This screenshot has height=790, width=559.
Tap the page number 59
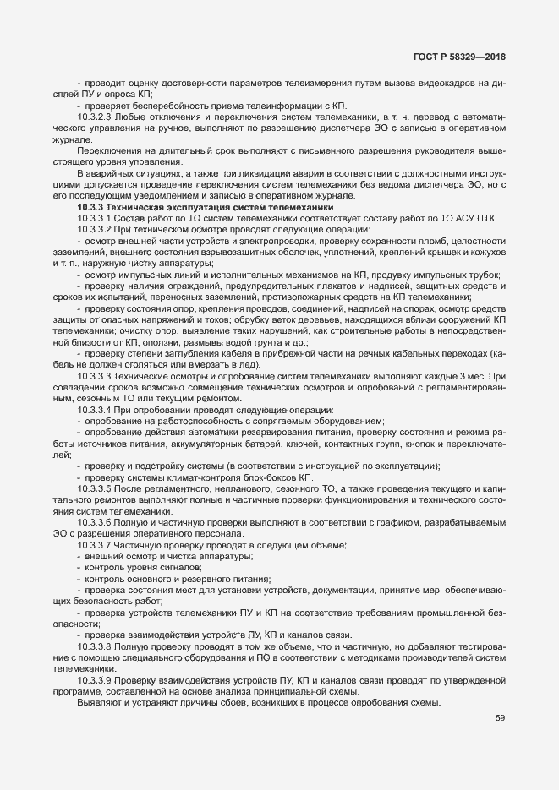click(x=501, y=718)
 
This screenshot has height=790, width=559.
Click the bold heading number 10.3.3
click(x=90, y=207)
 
